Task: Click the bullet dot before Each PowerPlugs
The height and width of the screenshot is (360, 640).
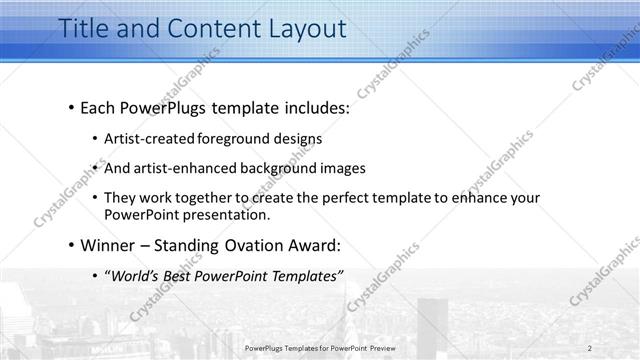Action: pyautogui.click(x=72, y=106)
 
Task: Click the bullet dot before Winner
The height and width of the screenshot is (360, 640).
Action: pyautogui.click(x=72, y=245)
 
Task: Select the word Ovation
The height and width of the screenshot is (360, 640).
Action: pyautogui.click(x=255, y=245)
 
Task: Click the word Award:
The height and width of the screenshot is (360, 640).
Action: pyautogui.click(x=314, y=245)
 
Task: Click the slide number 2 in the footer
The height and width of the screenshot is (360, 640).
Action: pyautogui.click(x=590, y=348)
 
